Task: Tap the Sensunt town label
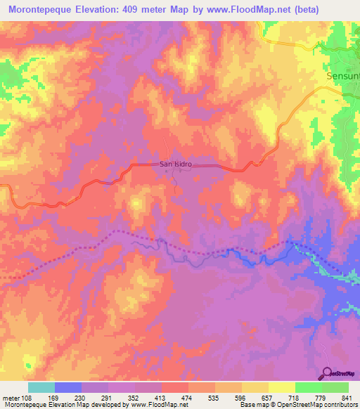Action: [x=343, y=75]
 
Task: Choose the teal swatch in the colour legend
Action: [x=41, y=387]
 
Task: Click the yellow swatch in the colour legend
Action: [x=281, y=387]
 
